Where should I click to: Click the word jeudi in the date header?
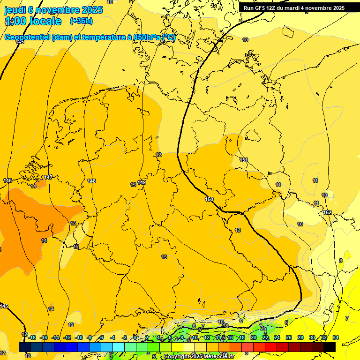[15, 10]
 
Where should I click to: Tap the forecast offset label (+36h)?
[81, 21]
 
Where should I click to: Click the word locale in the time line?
[45, 21]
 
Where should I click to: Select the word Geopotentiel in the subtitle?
[28, 37]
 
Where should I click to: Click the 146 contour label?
[7, 180]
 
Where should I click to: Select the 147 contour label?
[48, 177]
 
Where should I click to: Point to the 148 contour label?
[91, 181]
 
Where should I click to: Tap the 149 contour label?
[142, 182]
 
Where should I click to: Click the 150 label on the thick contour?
[209, 200]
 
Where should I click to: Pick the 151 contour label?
[244, 160]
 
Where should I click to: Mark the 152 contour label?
[327, 212]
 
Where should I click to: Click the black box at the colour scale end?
[330, 346]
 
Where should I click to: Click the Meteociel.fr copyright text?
[199, 357]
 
